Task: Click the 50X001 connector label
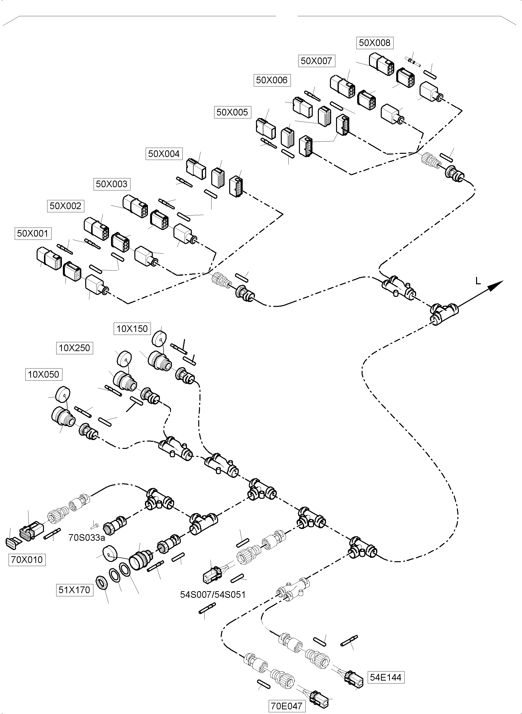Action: pyautogui.click(x=33, y=234)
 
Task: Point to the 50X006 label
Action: pyautogui.click(x=272, y=80)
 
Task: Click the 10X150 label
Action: pyautogui.click(x=132, y=329)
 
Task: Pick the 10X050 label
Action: pyautogui.click(x=44, y=374)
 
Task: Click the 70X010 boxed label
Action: pyautogui.click(x=27, y=560)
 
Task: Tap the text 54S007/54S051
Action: pyautogui.click(x=213, y=595)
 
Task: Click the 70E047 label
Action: pyautogui.click(x=287, y=706)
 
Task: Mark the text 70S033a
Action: pyautogui.click(x=86, y=537)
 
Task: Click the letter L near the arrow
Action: pyautogui.click(x=478, y=281)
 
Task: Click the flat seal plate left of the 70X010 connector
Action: pyautogui.click(x=12, y=543)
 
